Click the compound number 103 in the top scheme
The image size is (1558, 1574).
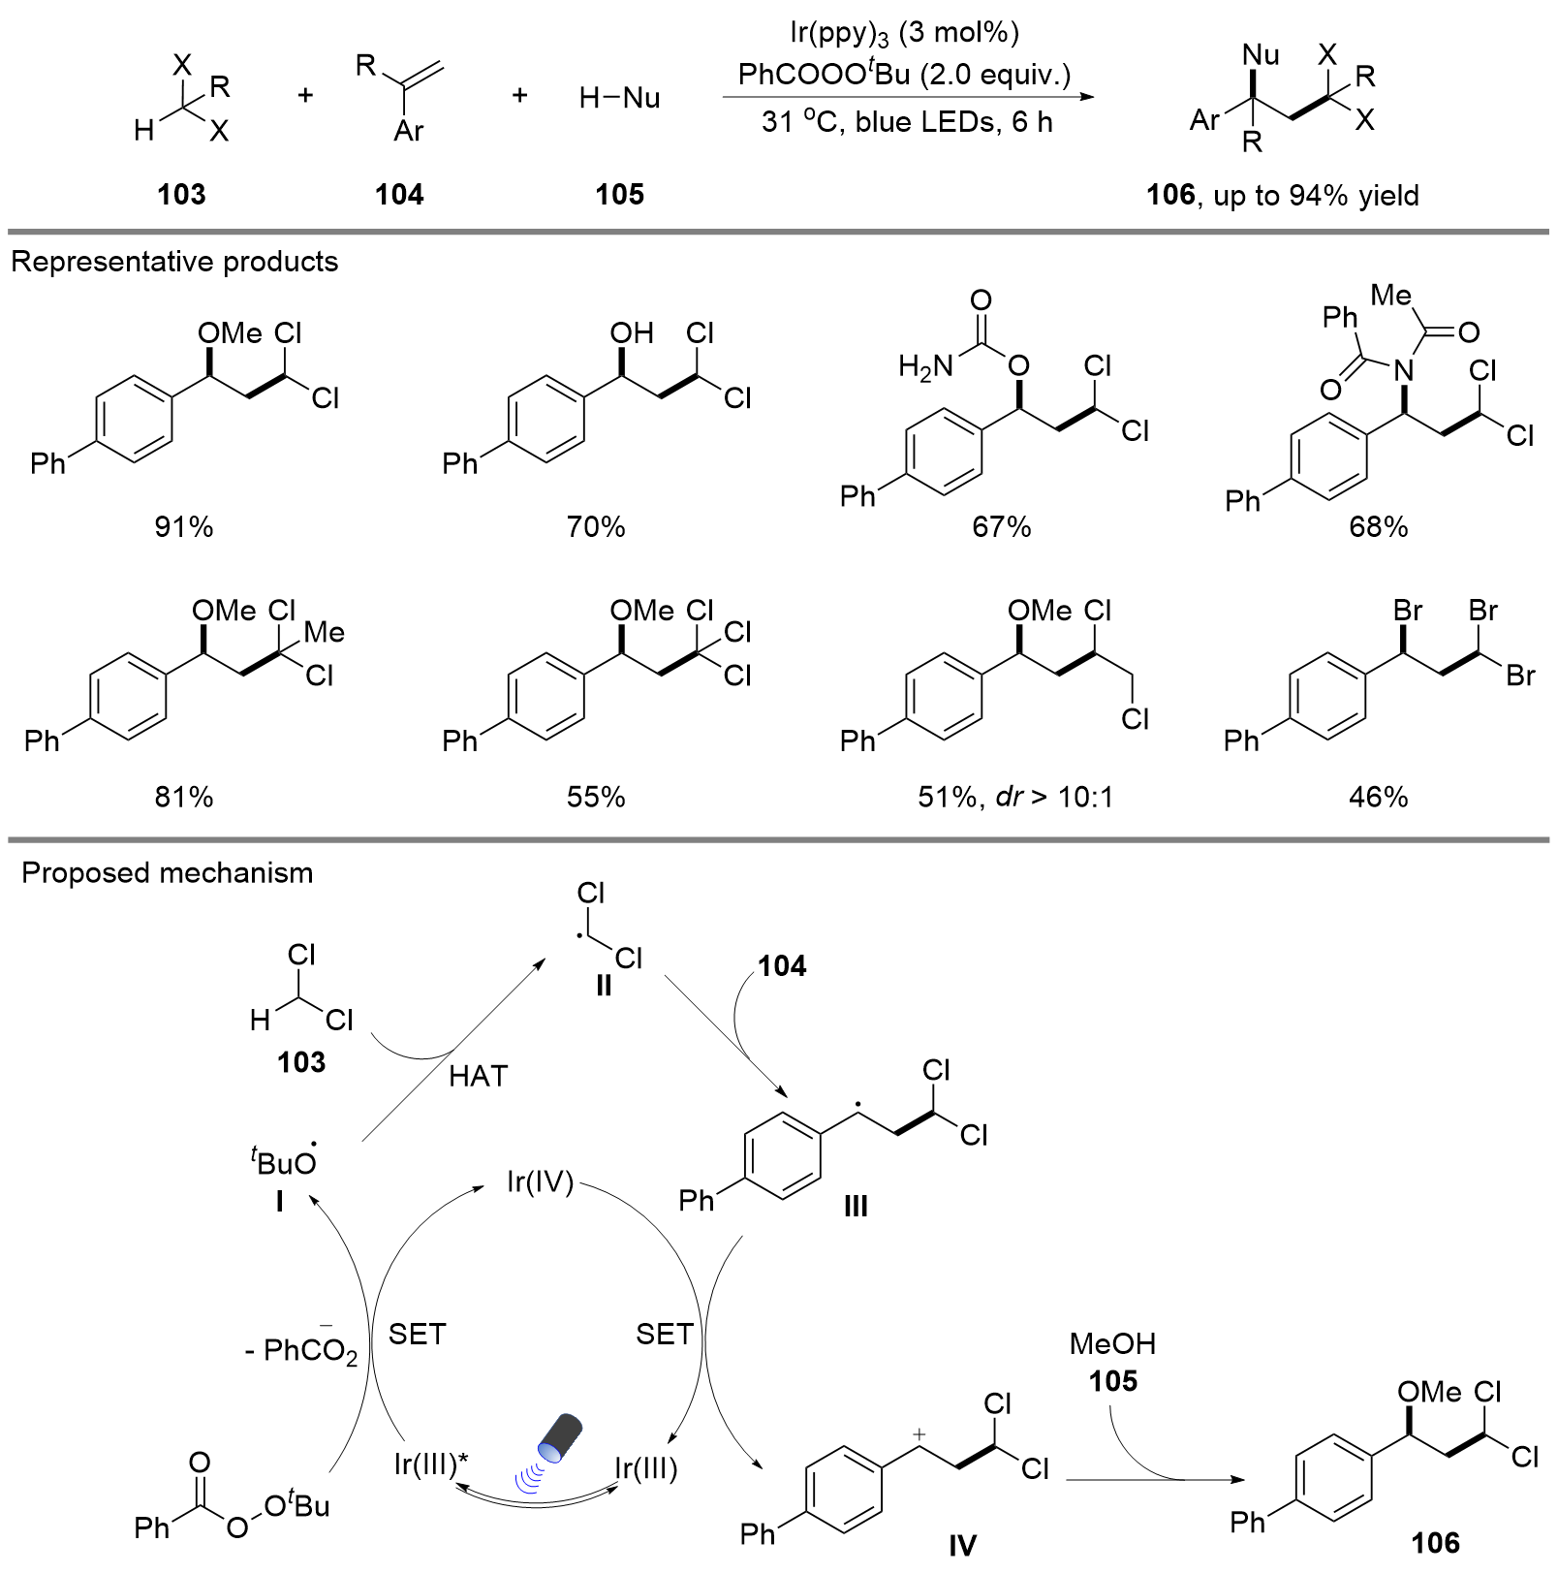(x=181, y=195)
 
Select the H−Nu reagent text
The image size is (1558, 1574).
(x=619, y=98)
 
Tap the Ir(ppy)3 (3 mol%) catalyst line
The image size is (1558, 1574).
(x=904, y=33)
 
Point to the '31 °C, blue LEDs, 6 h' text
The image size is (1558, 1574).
(x=906, y=122)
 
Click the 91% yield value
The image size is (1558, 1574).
(x=183, y=527)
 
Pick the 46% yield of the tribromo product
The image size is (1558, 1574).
(x=1378, y=797)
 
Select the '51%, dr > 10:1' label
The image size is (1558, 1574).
(x=1015, y=797)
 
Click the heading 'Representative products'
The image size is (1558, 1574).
(x=174, y=262)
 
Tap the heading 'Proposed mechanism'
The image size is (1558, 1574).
(x=167, y=873)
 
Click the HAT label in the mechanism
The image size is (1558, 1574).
(x=478, y=1076)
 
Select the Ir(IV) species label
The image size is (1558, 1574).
(x=540, y=1181)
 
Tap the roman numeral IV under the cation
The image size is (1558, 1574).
(x=962, y=1544)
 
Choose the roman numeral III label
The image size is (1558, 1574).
(x=855, y=1207)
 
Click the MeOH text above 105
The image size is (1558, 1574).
(x=1112, y=1343)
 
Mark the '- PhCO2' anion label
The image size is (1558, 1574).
(x=301, y=1350)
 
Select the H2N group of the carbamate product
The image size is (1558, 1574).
(x=924, y=366)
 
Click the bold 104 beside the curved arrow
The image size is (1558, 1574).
(x=782, y=966)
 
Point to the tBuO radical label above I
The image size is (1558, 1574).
(x=284, y=1161)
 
